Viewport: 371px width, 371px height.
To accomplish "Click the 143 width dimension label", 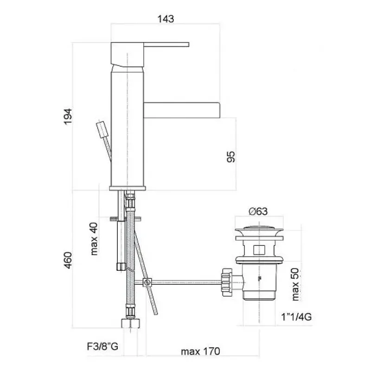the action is click(166, 19).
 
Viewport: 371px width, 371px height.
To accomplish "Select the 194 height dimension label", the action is click(68, 116).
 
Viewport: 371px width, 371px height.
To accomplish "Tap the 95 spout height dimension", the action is click(231, 157).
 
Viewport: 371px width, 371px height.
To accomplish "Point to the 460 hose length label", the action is click(68, 260).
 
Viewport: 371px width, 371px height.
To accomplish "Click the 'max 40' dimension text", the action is click(94, 239).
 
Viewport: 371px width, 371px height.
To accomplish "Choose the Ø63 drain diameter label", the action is click(258, 211).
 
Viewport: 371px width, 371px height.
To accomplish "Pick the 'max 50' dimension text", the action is click(295, 284).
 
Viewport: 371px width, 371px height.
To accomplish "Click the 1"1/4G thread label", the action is click(296, 317).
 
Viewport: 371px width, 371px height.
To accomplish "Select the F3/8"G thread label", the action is click(102, 346).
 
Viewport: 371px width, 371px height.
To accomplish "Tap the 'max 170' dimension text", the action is click(200, 352).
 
